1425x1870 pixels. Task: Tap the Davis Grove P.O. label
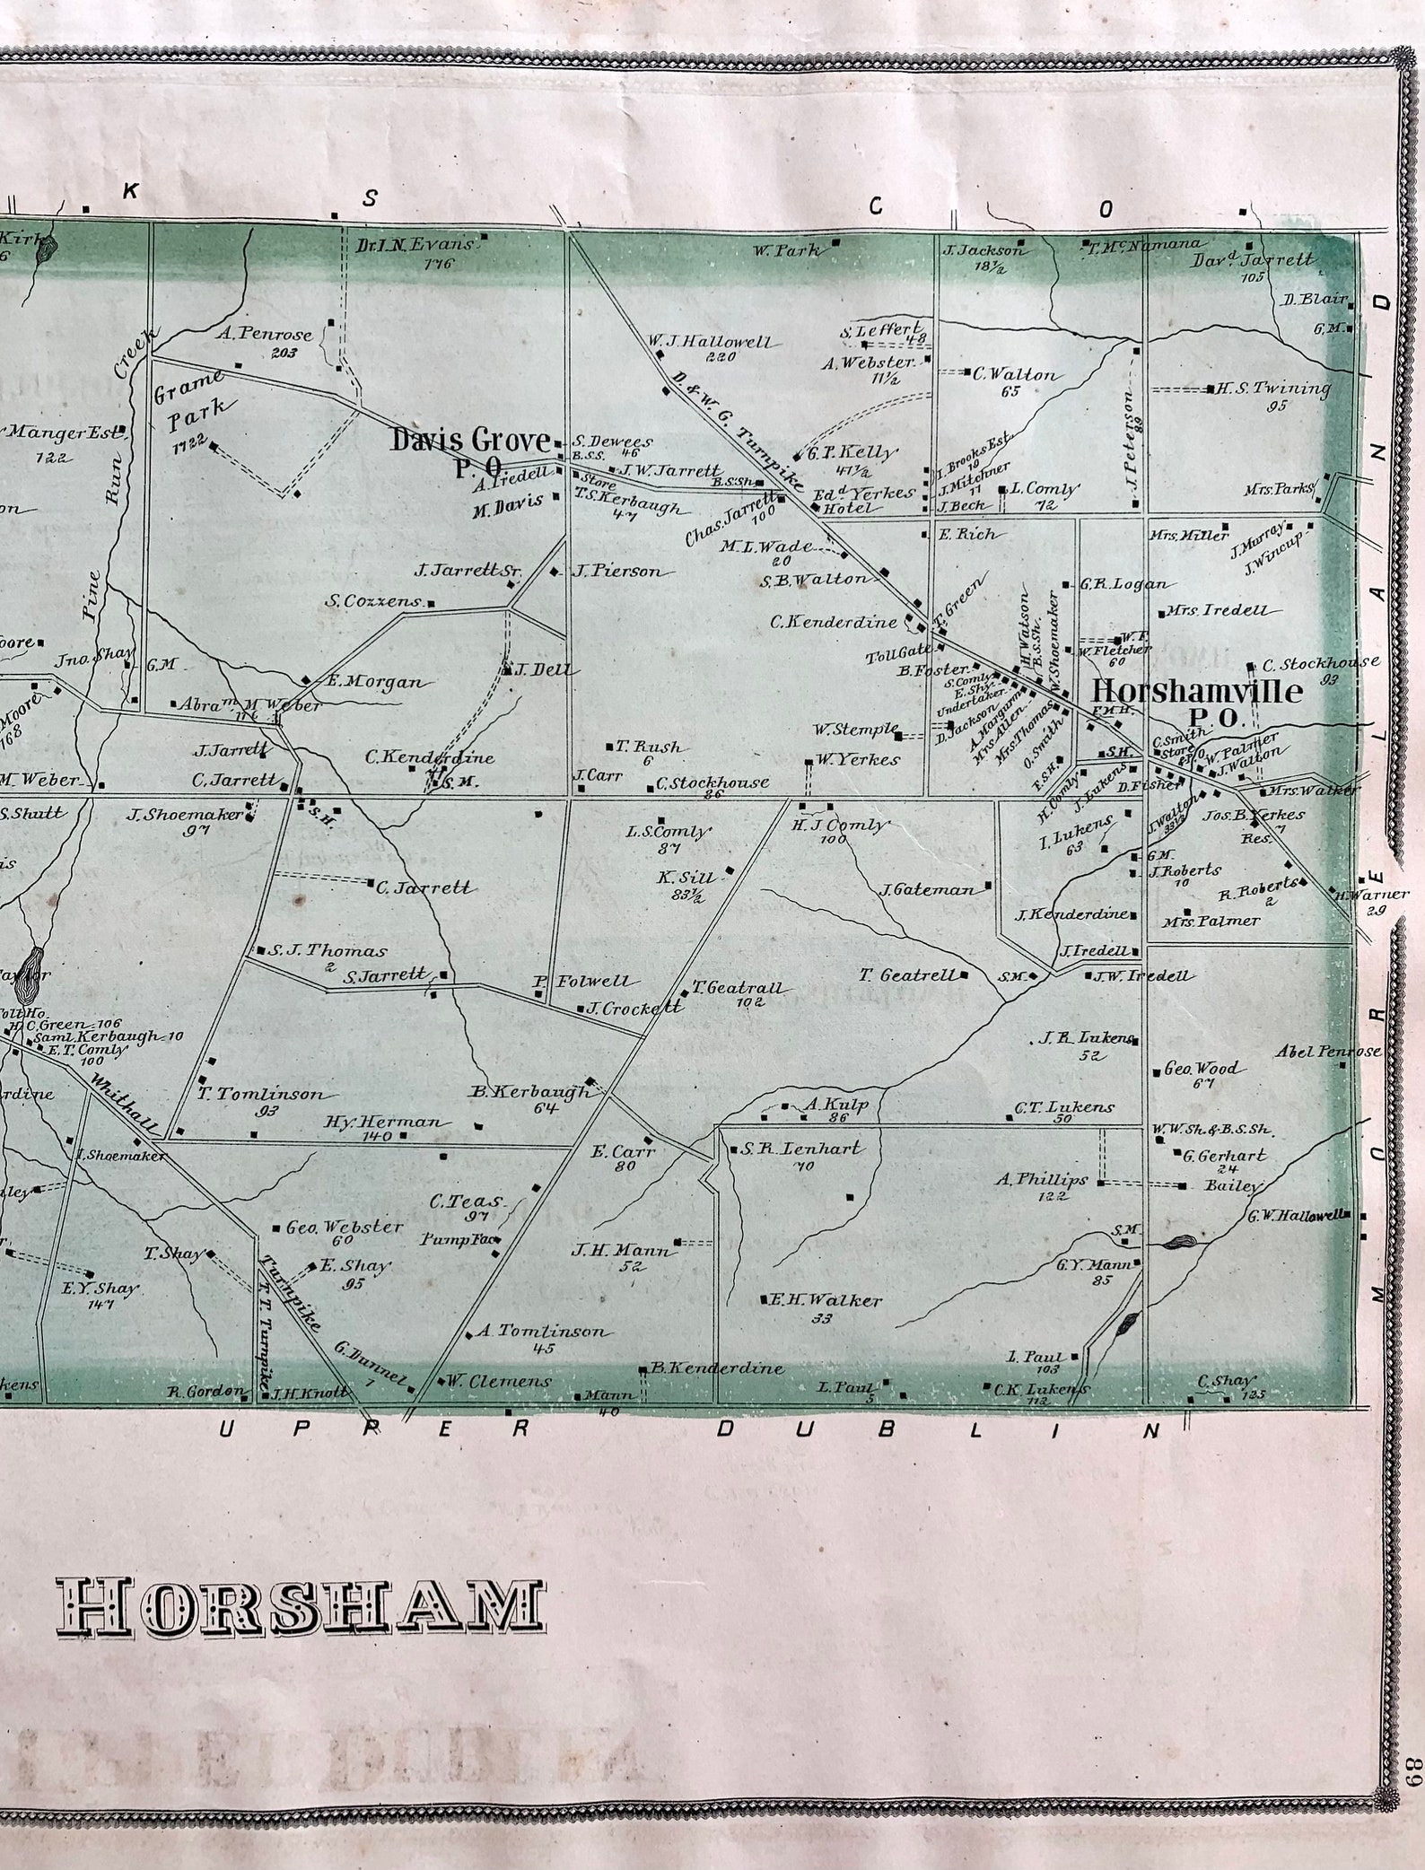(470, 450)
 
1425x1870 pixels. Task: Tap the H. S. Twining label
(1272, 389)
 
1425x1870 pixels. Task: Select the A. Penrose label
(265, 335)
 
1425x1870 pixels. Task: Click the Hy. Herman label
(383, 1123)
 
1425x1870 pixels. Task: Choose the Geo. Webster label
(345, 1228)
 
